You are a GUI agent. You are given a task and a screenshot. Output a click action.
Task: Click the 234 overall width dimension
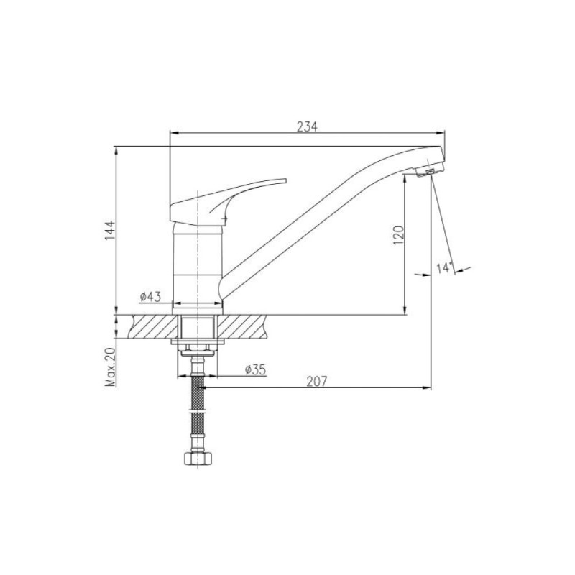click(307, 126)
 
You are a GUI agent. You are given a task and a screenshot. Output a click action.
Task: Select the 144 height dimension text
click(110, 231)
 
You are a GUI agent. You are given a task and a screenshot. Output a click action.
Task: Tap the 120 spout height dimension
click(399, 236)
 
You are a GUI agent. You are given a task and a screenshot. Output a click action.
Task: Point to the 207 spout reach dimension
click(316, 382)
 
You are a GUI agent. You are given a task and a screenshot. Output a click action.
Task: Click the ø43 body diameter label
click(150, 296)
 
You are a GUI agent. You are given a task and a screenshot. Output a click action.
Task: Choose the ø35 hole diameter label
click(256, 369)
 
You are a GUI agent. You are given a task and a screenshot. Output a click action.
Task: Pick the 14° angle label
click(444, 268)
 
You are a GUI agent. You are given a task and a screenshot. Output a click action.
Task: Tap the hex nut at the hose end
click(198, 459)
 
